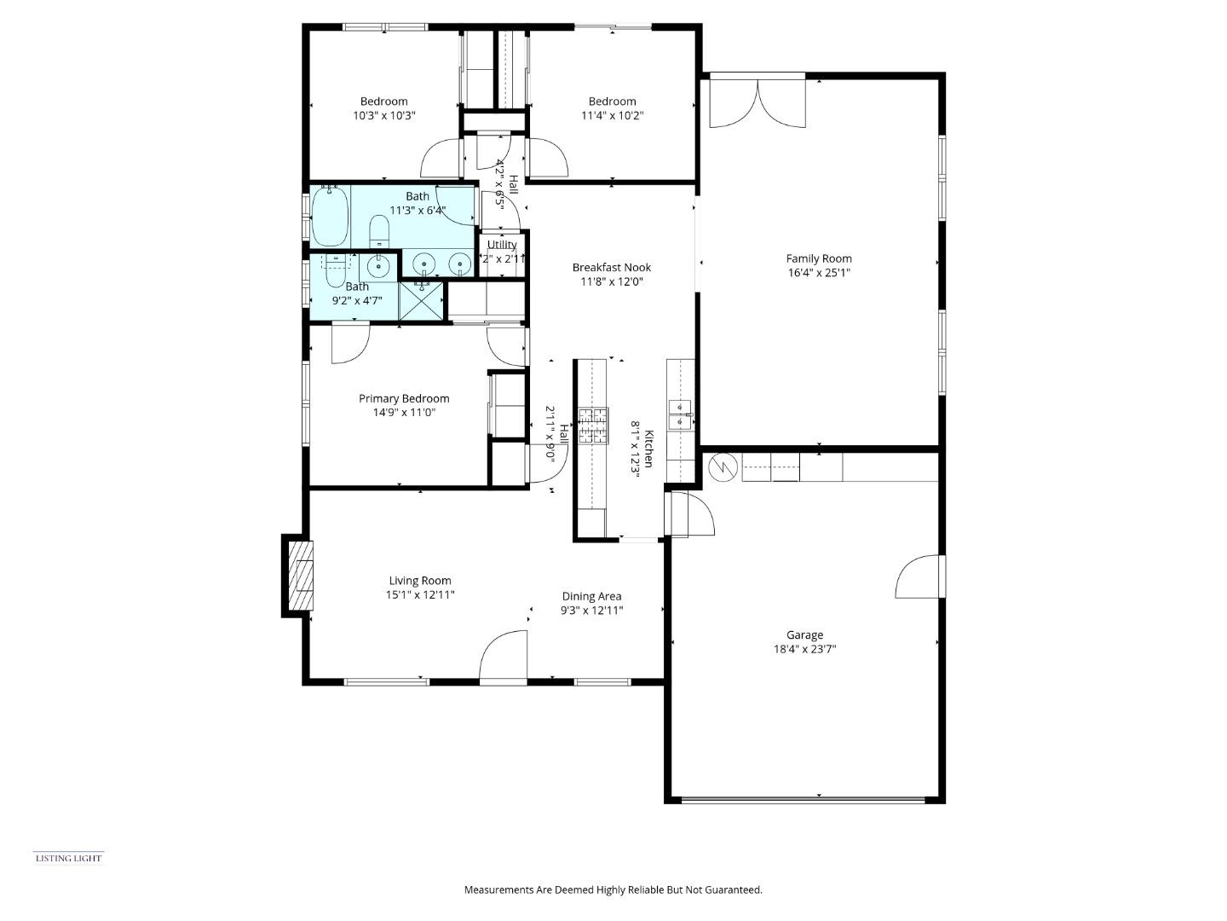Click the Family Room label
[818, 258]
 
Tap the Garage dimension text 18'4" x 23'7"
[804, 649]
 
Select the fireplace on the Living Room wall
[298, 576]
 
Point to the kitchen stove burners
[594, 426]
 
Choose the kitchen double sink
[680, 414]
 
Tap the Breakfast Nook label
[611, 267]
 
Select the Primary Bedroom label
[403, 398]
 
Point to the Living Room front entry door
[503, 658]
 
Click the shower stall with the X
[422, 300]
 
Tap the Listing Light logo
[68, 858]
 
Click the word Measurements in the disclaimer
[498, 889]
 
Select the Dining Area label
[591, 596]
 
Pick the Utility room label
[502, 245]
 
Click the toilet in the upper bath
[379, 230]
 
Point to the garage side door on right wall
[920, 577]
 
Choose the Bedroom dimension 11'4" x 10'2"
[612, 115]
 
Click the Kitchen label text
[648, 449]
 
